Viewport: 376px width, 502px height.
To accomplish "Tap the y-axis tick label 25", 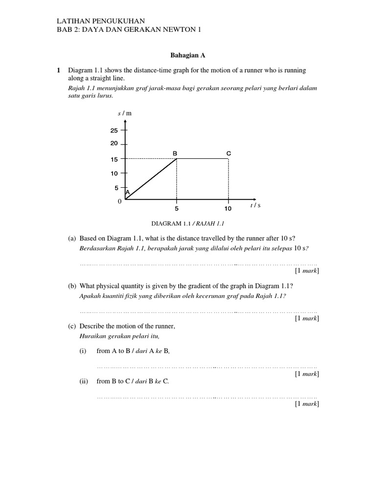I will coord(114,130).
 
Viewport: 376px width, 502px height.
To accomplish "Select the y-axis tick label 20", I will coord(114,144).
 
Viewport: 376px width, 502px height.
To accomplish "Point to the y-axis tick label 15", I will coord(114,159).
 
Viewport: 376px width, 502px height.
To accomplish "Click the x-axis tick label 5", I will coord(177,208).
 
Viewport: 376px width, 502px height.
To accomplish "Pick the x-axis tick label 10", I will coord(228,208).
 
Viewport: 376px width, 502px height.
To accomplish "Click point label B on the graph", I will coord(175,153).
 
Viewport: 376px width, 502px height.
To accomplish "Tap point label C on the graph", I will coord(228,153).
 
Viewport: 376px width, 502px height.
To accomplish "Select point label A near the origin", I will coord(128,193).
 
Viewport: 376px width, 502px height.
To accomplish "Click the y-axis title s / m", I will coord(125,113).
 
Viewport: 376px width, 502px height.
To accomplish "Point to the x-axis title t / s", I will coord(255,205).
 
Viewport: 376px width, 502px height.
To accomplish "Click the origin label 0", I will coord(119,201).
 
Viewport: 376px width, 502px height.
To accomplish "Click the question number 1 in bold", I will coord(58,71).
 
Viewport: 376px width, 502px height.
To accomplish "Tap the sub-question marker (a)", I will coord(72,238).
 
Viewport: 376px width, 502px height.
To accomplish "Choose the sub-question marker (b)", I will coord(72,286).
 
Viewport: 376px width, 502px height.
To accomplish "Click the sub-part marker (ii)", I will coord(83,381).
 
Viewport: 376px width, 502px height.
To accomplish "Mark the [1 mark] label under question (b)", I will coord(306,318).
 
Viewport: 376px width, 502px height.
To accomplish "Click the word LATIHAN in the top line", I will coord(72,21).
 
